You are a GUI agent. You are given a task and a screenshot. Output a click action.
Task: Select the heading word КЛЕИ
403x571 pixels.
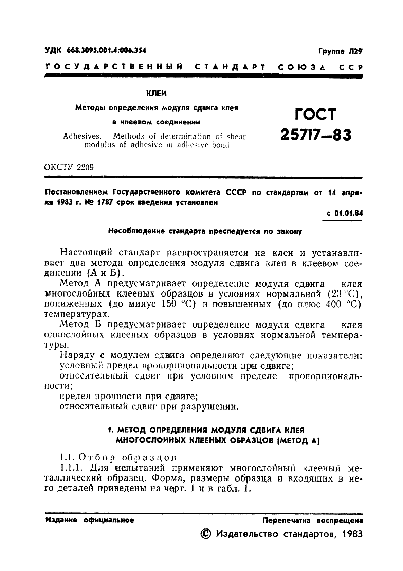[x=156, y=93]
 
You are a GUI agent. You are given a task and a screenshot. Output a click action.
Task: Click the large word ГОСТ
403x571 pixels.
[x=315, y=114]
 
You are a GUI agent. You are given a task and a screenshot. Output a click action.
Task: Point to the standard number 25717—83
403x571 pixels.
[x=315, y=136]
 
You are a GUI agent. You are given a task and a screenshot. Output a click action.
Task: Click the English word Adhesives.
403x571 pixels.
[x=83, y=137]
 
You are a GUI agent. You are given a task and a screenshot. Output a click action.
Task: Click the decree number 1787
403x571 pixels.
[x=106, y=203]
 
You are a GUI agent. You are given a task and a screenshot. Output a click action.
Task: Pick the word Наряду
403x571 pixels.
[x=77, y=356]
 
